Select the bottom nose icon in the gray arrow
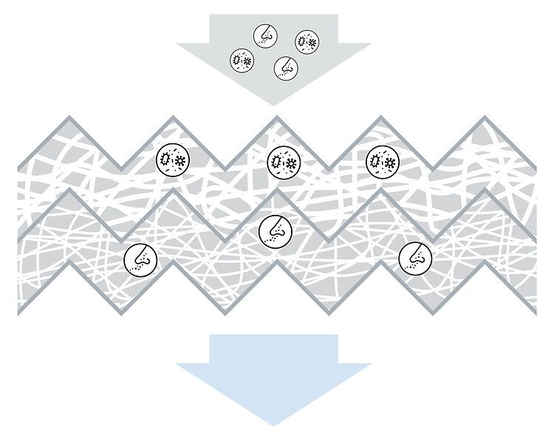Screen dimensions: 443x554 click(285, 69)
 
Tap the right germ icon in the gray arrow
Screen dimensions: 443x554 click(307, 42)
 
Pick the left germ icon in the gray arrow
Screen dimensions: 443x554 click(242, 60)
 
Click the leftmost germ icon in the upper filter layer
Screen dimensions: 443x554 click(174, 159)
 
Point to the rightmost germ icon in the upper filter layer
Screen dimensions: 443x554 click(382, 161)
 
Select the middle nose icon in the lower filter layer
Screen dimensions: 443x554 click(276, 232)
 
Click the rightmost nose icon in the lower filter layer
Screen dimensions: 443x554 click(415, 256)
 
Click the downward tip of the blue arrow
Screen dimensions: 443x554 click(273, 425)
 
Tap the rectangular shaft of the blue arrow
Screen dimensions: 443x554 click(273, 348)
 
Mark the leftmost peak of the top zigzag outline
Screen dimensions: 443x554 click(69, 117)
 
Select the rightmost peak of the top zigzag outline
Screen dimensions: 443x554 click(484, 117)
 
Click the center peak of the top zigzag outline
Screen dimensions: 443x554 click(277, 117)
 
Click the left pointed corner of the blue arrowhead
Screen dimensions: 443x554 click(177, 363)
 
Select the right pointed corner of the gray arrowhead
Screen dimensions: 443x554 click(370, 44)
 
